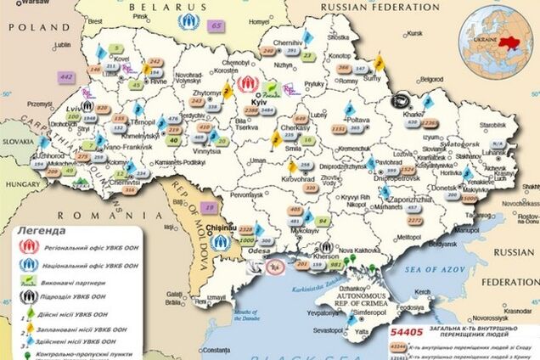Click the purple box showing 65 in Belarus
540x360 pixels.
coord(217,26)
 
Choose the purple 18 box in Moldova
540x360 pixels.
coord(209,206)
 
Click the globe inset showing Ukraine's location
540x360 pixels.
coord(498,40)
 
